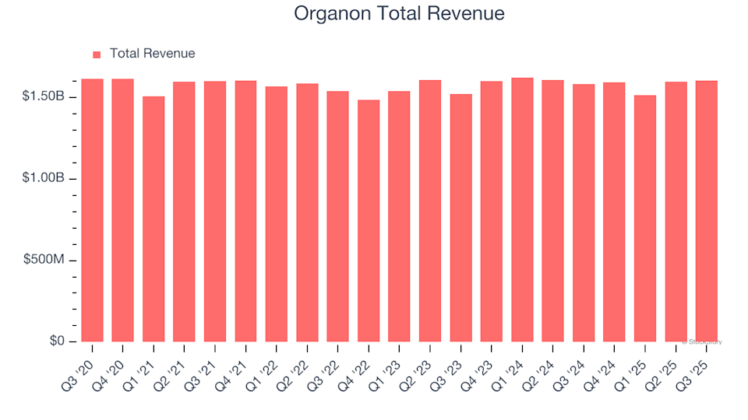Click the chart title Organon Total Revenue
click(x=399, y=14)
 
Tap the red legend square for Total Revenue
click(x=97, y=54)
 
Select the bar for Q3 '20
click(x=92, y=210)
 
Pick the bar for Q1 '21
click(x=153, y=219)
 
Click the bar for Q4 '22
click(x=369, y=221)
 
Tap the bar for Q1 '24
click(x=522, y=210)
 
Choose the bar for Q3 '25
click(x=706, y=211)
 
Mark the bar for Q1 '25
click(x=644, y=219)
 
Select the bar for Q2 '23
click(x=430, y=211)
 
